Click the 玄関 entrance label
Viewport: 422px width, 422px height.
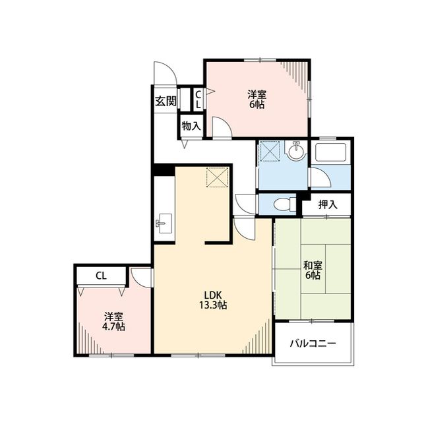166,101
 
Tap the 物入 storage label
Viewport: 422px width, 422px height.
191,126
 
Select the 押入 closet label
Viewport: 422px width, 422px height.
328,205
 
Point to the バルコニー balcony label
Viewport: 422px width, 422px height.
313,344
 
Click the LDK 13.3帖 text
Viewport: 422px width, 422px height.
213,300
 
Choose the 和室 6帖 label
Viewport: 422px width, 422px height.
313,270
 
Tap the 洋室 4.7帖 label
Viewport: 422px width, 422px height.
113,321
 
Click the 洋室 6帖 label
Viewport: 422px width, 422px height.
256,100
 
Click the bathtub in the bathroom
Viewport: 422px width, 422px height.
330,152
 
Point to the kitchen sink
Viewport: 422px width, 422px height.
165,224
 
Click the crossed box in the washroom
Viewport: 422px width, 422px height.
270,151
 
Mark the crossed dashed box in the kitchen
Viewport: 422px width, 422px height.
217,177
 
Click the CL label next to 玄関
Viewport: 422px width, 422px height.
198,100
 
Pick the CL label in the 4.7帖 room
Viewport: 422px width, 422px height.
101,276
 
